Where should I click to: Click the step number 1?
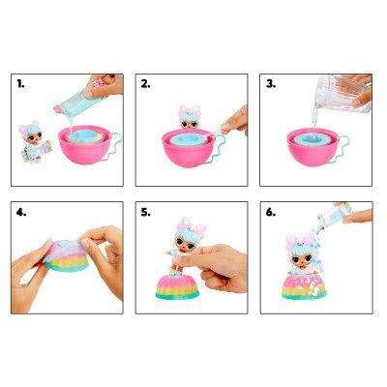point(20,85)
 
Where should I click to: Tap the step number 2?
point(146,85)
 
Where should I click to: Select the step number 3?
point(271,85)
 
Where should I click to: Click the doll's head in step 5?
point(181,241)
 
